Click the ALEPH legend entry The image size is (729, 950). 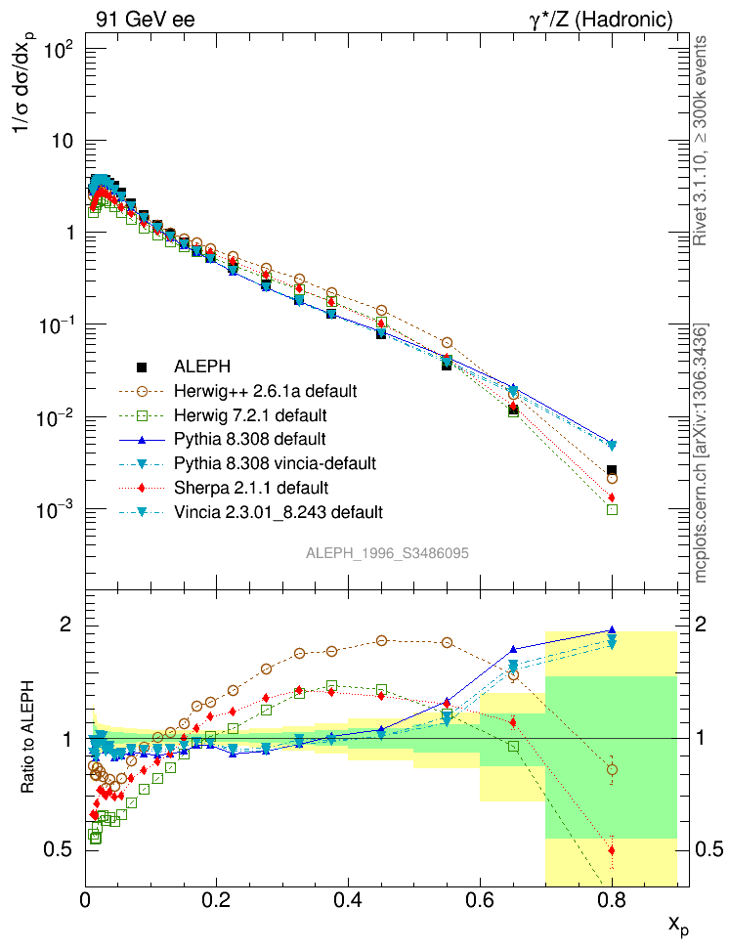click(202, 367)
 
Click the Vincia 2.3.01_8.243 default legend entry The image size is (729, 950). click(279, 511)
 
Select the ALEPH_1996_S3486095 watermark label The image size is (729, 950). click(387, 553)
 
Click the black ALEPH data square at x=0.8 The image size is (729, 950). click(612, 471)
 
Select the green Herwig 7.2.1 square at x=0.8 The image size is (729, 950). click(612, 509)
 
